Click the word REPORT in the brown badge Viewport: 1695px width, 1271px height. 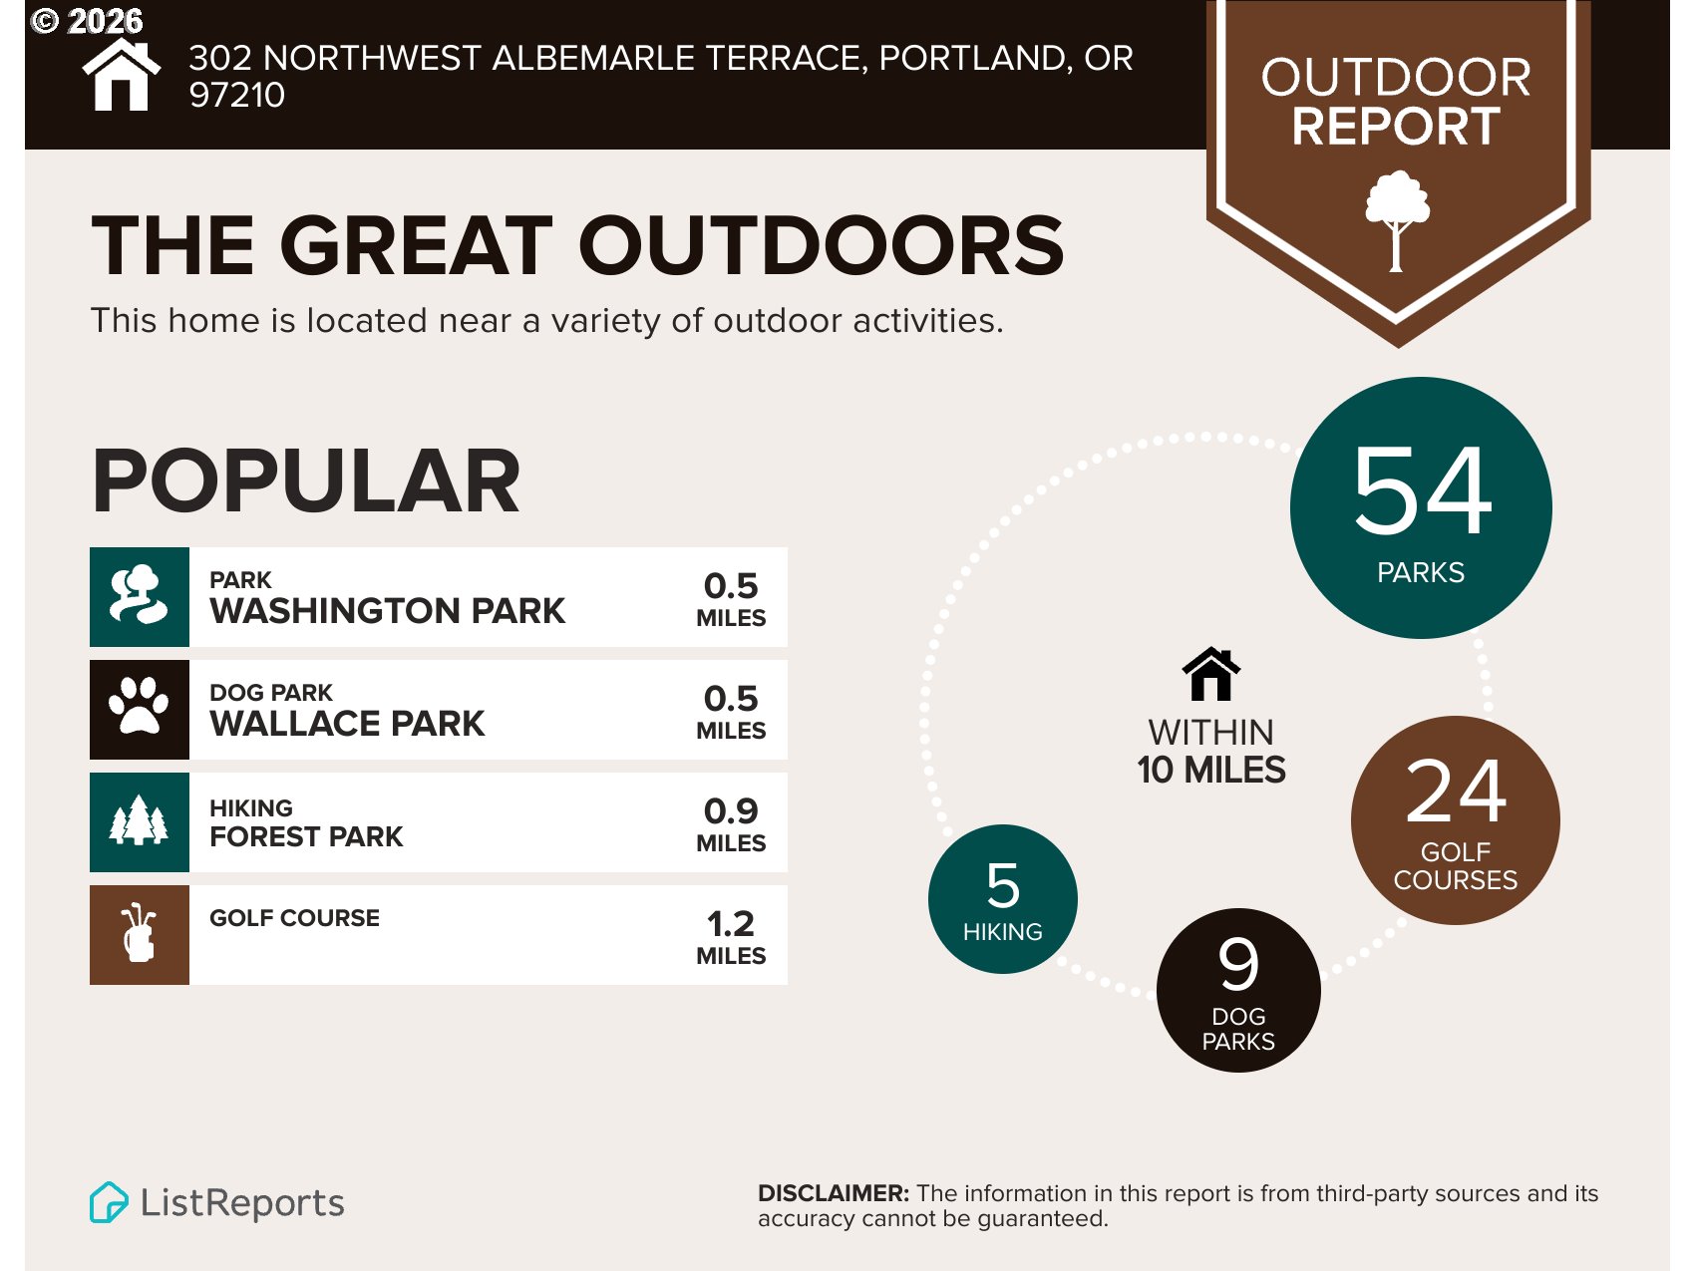tap(1396, 127)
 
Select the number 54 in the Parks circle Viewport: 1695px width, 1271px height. tap(1422, 489)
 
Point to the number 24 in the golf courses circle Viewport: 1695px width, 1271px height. tap(1456, 792)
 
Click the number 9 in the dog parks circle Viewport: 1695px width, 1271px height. tap(1238, 964)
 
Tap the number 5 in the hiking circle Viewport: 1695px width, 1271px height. tap(1003, 885)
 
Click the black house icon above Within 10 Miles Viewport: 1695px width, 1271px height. tap(1211, 675)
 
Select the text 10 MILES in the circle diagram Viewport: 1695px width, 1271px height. tap(1211, 771)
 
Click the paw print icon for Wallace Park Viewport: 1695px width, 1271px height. tap(140, 709)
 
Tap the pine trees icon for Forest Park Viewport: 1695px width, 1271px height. tap(140, 821)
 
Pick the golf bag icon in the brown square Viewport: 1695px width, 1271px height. tap(140, 934)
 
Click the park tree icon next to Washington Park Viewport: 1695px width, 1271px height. tap(140, 596)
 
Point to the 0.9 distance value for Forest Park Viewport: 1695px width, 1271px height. tap(731, 810)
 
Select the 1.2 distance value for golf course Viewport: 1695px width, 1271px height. tap(731, 923)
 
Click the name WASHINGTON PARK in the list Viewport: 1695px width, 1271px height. tap(387, 611)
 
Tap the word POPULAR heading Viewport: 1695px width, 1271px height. tap(306, 481)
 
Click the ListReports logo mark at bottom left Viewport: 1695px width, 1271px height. tap(109, 1202)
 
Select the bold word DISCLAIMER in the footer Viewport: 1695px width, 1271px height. tap(833, 1193)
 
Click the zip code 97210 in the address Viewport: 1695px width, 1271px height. tap(237, 95)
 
